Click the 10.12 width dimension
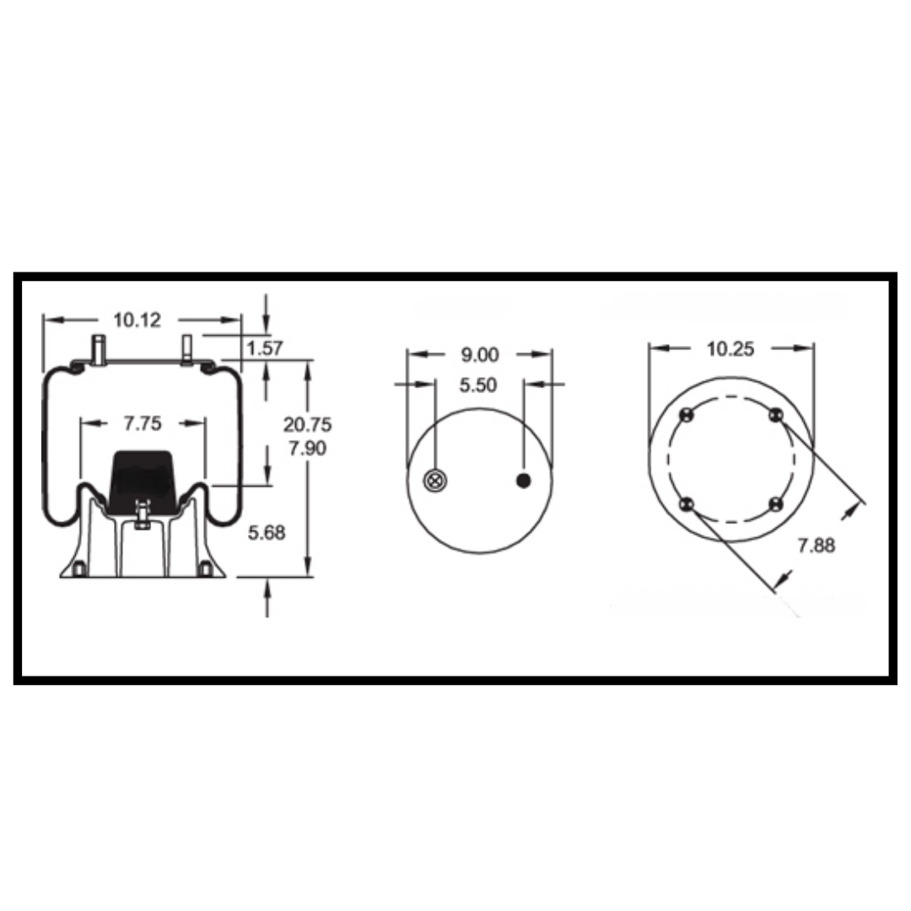[x=137, y=320]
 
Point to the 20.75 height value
[x=307, y=424]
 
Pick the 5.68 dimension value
[x=267, y=532]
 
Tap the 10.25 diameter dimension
[x=730, y=348]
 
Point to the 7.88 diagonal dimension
[x=816, y=546]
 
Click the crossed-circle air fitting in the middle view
[x=435, y=481]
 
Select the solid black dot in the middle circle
[x=523, y=481]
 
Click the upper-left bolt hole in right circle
[x=687, y=414]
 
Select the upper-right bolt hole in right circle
[x=775, y=414]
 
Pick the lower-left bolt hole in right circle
[x=687, y=504]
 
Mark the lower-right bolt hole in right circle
[x=775, y=504]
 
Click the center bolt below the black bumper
[x=143, y=514]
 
